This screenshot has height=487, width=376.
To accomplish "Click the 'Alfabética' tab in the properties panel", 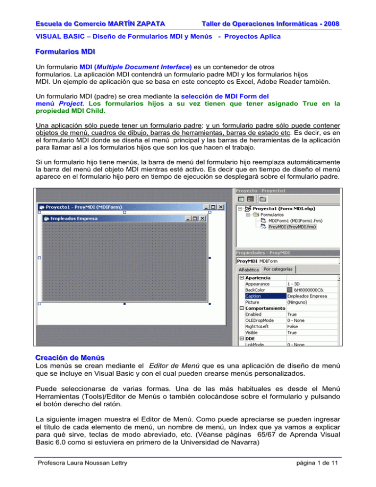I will click(x=248, y=269).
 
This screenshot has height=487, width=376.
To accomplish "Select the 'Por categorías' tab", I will click(x=278, y=269).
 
